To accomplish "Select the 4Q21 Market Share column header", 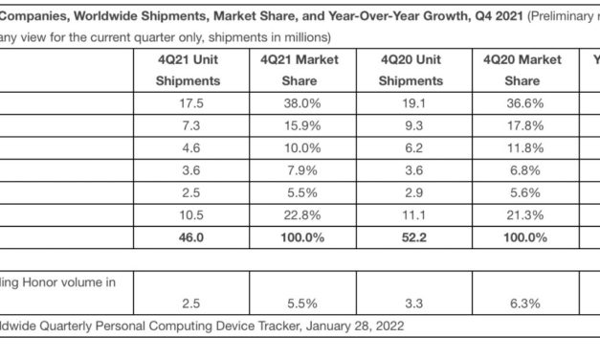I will point(299,71).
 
